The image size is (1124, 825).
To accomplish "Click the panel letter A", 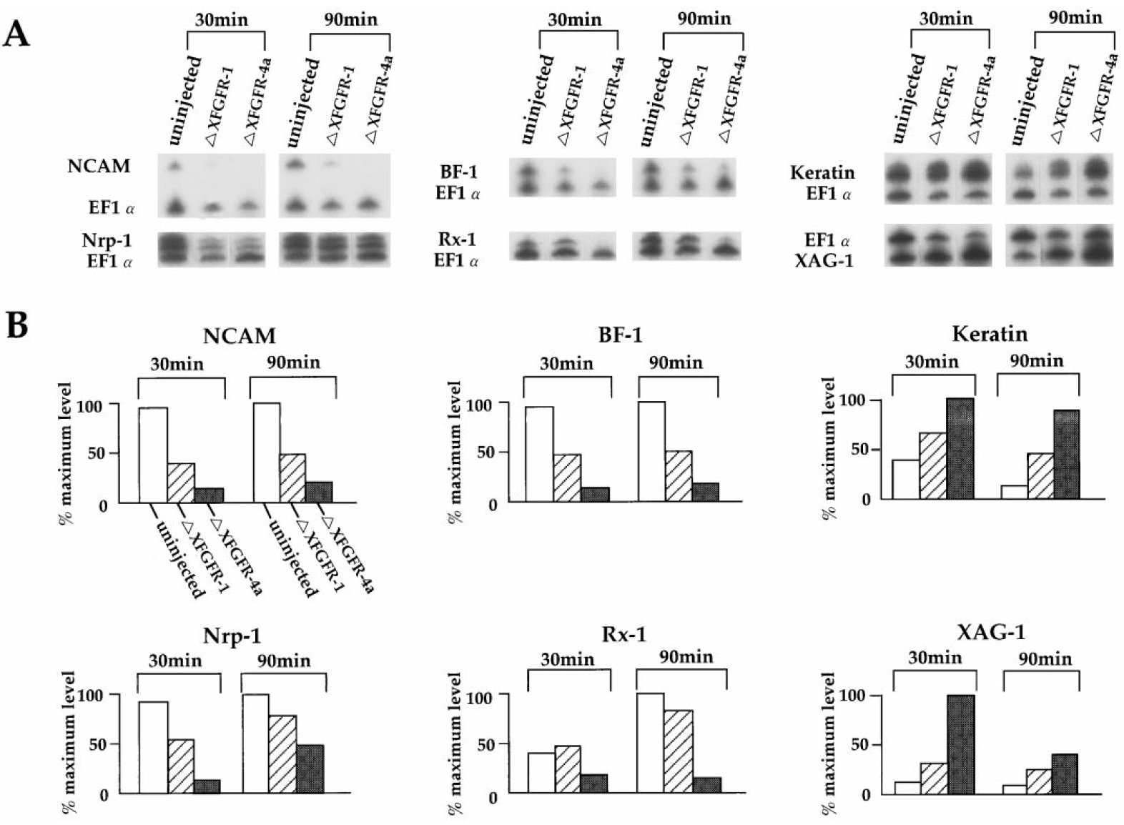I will tap(17, 34).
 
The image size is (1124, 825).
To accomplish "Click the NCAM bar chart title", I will tap(239, 335).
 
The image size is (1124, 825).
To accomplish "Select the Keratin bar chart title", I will tap(989, 333).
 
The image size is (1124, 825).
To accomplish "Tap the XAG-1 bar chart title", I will tap(990, 631).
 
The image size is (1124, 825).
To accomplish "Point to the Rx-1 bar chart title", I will tap(624, 633).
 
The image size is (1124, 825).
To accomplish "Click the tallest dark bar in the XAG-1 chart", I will tap(960, 744).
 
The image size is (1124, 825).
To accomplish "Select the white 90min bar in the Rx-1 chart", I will tap(650, 743).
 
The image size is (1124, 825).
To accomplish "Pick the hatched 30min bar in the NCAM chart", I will tap(180, 483).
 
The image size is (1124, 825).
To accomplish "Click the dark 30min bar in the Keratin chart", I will tap(960, 448).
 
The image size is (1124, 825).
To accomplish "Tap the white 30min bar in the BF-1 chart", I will tap(539, 455).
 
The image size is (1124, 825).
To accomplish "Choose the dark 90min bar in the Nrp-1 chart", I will tap(310, 769).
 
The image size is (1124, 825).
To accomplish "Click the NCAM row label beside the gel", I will tap(99, 166).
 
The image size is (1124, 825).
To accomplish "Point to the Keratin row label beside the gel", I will tap(822, 172).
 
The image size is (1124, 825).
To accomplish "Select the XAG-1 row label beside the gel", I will tap(824, 260).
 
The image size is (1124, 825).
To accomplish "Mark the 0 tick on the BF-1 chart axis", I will tap(493, 505).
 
